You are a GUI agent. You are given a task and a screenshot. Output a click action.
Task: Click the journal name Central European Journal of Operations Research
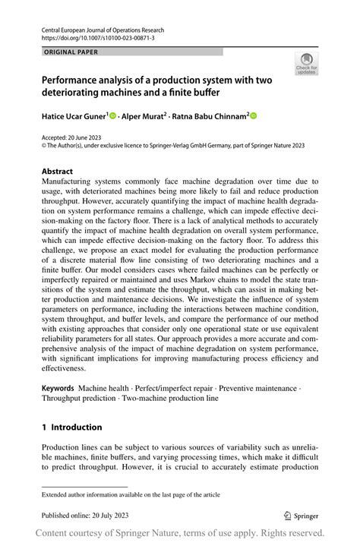pyautogui.click(x=103, y=30)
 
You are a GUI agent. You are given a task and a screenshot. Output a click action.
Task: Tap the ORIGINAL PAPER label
pyautogui.click(x=72, y=52)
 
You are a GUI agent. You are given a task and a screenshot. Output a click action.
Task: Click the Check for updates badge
pyautogui.click(x=308, y=63)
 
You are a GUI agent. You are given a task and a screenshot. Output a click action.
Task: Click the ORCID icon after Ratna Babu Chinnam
pyautogui.click(x=254, y=115)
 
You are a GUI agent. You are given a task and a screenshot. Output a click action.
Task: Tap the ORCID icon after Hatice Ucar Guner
pyautogui.click(x=113, y=115)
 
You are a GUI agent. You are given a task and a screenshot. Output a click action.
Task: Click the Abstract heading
pyautogui.click(x=58, y=172)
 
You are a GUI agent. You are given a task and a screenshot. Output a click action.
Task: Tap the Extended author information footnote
pyautogui.click(x=129, y=494)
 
